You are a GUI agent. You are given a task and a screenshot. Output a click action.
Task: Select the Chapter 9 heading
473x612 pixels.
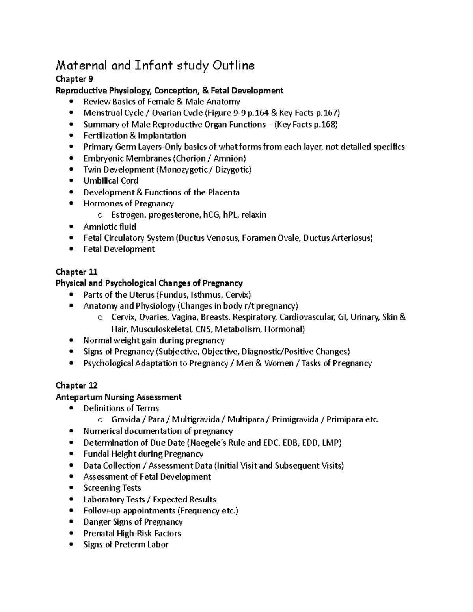click(x=74, y=79)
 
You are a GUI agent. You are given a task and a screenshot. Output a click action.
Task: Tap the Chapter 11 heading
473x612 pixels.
click(x=76, y=272)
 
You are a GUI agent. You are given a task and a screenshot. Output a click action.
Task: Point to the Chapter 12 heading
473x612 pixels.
click(x=76, y=385)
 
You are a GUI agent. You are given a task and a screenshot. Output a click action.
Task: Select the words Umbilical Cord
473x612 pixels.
click(x=111, y=180)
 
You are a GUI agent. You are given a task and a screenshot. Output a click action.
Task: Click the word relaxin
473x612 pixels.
click(x=254, y=215)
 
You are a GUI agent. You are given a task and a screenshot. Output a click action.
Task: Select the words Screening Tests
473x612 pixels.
click(x=112, y=488)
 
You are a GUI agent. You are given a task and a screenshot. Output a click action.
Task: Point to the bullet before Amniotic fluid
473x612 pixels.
click(x=71, y=227)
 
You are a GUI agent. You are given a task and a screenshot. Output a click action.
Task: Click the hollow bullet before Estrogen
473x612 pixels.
click(x=100, y=215)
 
